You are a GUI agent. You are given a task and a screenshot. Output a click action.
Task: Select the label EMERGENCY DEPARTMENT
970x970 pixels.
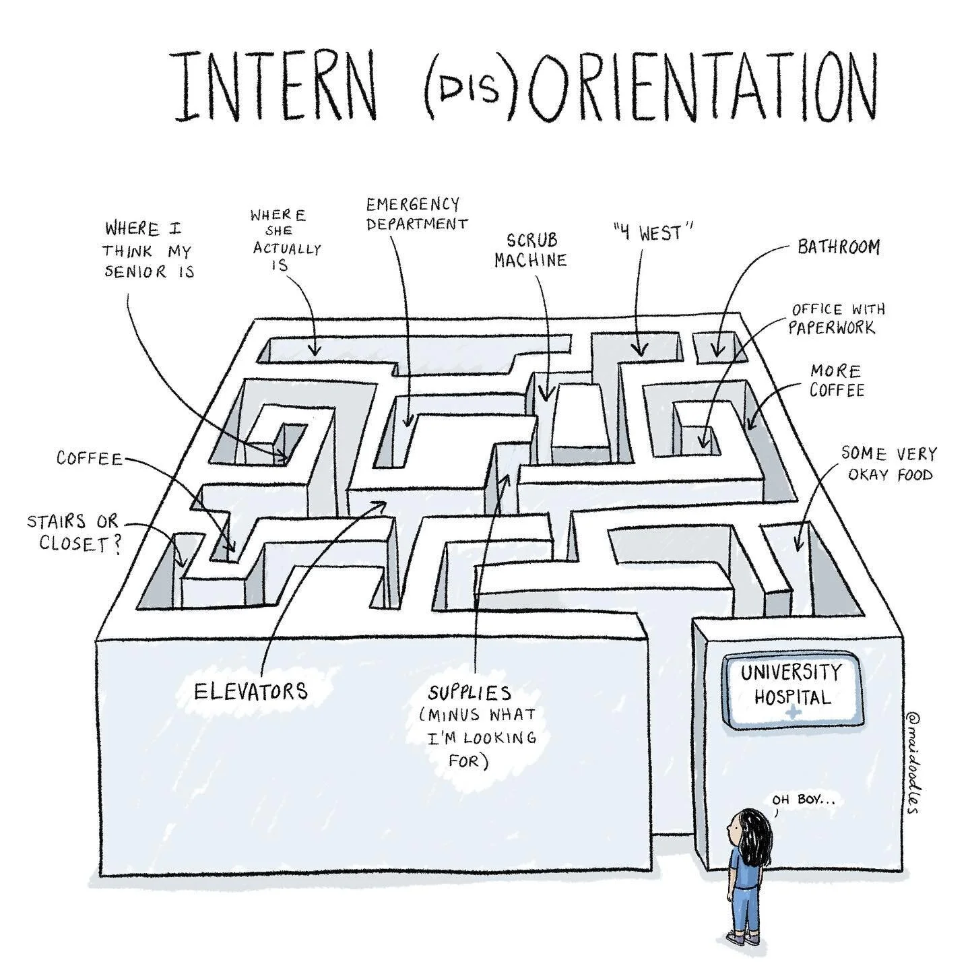coord(416,214)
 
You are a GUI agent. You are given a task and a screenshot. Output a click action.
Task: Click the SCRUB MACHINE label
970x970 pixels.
coord(530,250)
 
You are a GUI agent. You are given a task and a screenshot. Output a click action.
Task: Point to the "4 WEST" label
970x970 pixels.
coord(653,234)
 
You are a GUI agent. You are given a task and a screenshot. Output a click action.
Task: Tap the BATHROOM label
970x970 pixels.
coord(839,247)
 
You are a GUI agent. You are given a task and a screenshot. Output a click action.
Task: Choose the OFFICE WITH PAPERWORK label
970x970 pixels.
coord(837,318)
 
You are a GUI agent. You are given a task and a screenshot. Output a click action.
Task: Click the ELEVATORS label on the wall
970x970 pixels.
coord(251,691)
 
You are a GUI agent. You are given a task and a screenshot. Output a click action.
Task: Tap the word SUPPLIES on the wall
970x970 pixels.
coord(470,692)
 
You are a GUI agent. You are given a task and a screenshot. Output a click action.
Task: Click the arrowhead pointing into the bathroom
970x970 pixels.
coord(717,351)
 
